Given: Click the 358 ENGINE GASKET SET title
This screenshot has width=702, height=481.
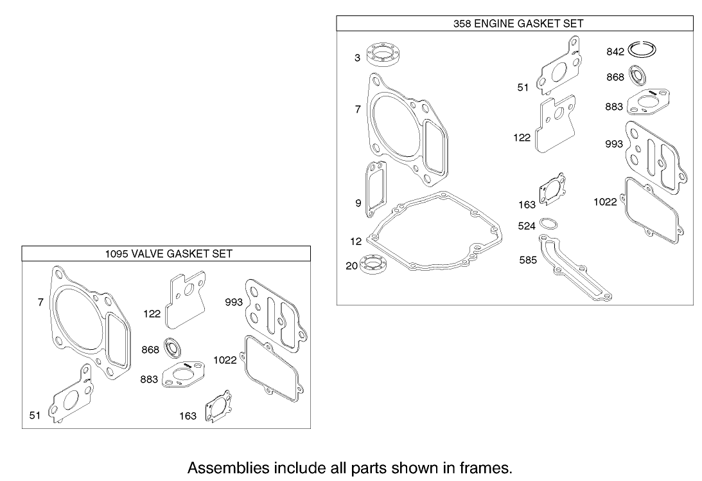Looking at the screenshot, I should tap(515, 23).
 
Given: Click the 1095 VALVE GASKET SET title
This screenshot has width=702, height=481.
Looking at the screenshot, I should tap(168, 253).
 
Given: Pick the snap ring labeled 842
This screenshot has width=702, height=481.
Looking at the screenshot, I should tap(644, 49).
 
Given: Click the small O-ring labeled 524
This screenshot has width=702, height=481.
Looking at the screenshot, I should tap(548, 224).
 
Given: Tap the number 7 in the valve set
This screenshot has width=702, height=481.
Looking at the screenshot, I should tap(40, 302).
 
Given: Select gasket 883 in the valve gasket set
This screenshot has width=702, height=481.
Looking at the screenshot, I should tap(184, 376).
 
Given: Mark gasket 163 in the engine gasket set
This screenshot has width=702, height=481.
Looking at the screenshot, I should tap(553, 190).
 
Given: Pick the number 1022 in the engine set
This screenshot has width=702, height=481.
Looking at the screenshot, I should tap(605, 202).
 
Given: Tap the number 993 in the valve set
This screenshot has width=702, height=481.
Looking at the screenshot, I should tap(233, 302).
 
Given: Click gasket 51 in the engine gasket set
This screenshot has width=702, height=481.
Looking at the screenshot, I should tap(558, 69).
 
